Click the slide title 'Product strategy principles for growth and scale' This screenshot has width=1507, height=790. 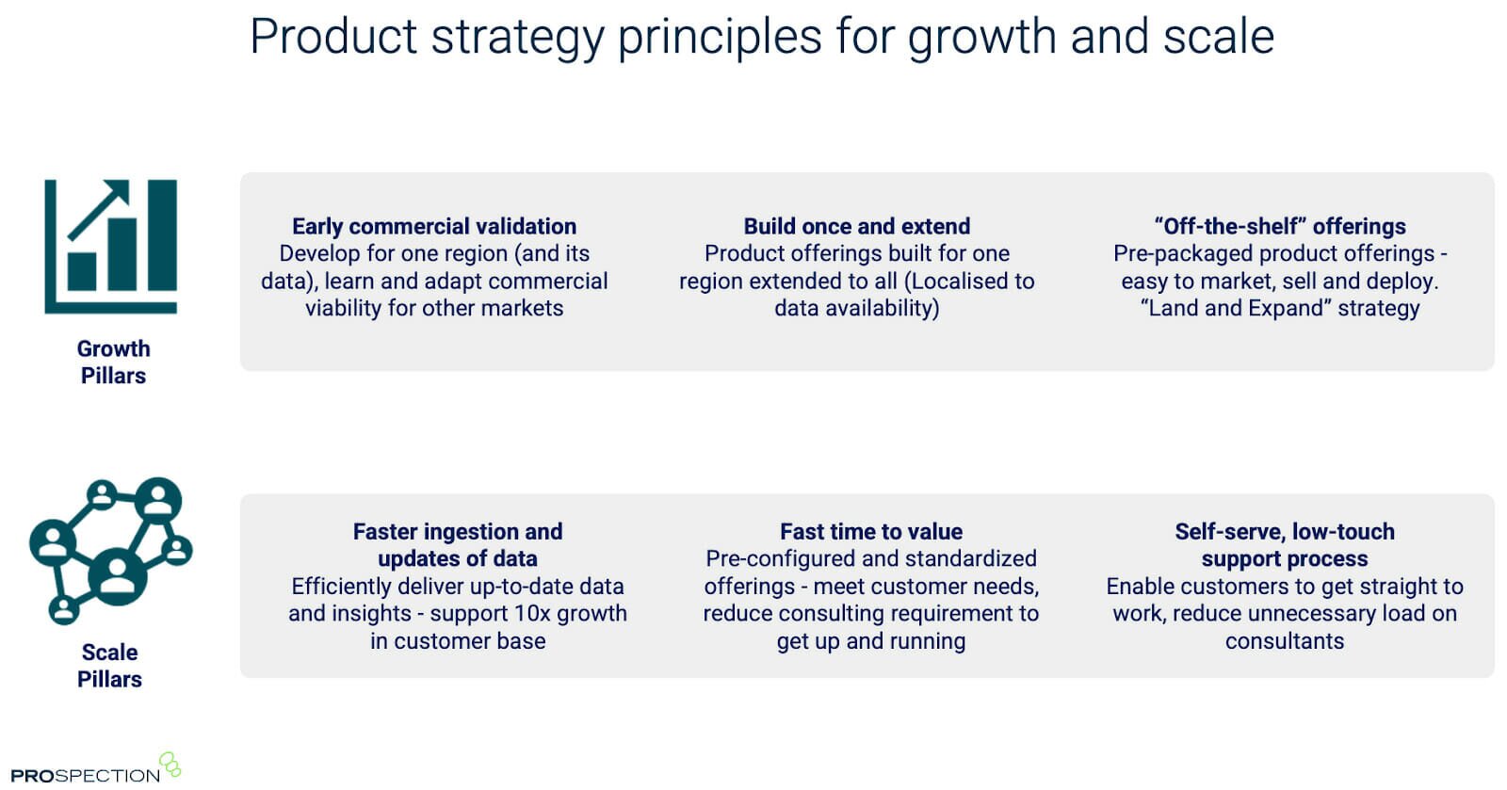[x=762, y=38]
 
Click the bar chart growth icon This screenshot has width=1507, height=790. [x=111, y=246]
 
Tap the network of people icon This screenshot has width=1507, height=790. [x=111, y=551]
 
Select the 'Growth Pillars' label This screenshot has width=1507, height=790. [x=113, y=362]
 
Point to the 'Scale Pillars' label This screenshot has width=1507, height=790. [x=109, y=666]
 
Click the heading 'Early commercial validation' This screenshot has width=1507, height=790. [x=434, y=226]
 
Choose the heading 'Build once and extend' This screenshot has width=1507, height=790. [x=856, y=226]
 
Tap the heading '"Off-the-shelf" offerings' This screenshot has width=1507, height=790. [x=1280, y=226]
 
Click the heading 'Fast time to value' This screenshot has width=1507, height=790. [x=871, y=531]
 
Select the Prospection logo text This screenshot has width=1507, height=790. [x=86, y=775]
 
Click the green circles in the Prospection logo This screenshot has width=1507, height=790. [x=170, y=765]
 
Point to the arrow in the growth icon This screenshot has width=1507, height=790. [x=99, y=210]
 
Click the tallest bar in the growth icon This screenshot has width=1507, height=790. [x=162, y=234]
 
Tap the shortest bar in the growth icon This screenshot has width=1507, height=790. [x=82, y=271]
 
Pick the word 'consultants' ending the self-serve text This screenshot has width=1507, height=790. [x=1285, y=640]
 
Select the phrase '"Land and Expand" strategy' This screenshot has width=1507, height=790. [x=1280, y=308]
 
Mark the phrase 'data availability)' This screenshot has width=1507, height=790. [x=856, y=308]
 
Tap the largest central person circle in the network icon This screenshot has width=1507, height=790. [x=117, y=577]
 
